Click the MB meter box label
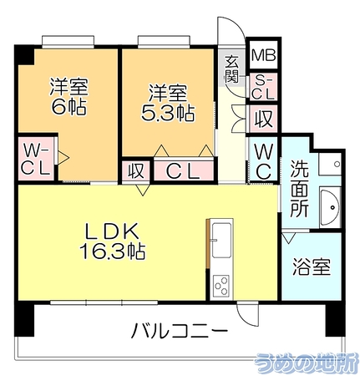(263, 55)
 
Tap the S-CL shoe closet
(263, 87)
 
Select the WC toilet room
(263, 159)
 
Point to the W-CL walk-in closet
(36, 159)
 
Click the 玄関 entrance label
(231, 69)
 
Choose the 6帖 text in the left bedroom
(68, 107)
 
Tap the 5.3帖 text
(168, 113)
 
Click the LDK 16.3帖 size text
(112, 251)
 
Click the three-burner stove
(221, 285)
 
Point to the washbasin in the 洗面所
(331, 207)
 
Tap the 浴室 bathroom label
(312, 267)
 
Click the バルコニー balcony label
(180, 331)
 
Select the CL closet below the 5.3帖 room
(183, 171)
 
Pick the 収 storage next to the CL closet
(136, 170)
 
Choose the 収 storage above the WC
(263, 119)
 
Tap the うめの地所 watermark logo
(306, 363)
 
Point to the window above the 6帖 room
(68, 40)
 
